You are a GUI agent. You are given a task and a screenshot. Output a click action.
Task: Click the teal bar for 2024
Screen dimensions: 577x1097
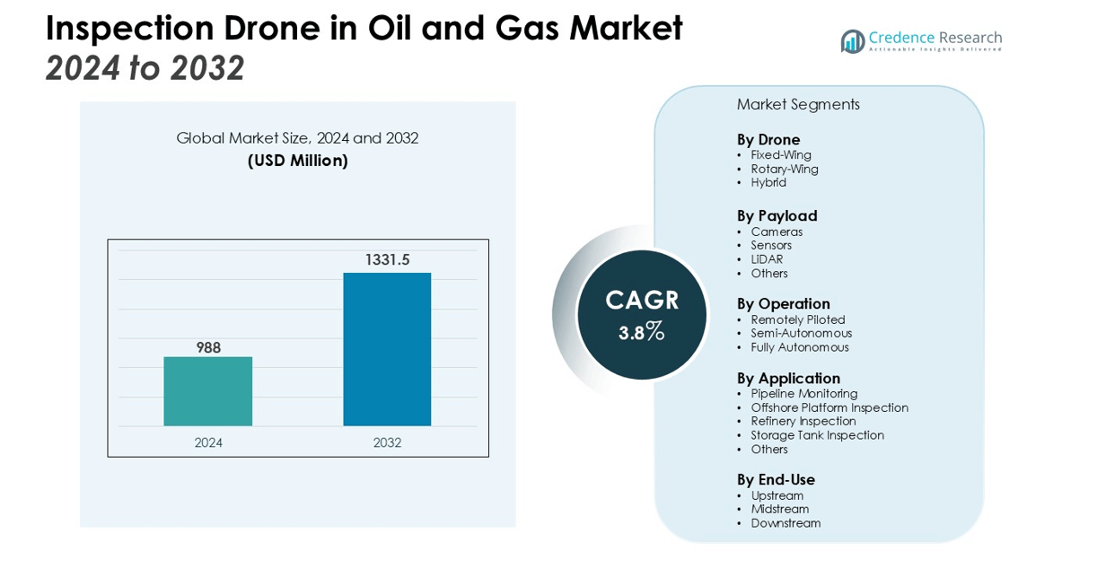click(x=207, y=391)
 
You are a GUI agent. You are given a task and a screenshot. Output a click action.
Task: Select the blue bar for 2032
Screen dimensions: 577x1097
click(x=387, y=349)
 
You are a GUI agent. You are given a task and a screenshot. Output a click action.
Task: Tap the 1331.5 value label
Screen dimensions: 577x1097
click(x=387, y=260)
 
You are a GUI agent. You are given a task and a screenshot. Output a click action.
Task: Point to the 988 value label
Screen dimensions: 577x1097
click(x=208, y=347)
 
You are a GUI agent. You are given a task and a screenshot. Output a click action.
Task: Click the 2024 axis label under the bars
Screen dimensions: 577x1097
click(x=208, y=442)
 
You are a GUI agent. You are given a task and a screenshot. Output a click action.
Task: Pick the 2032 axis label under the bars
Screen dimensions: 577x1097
click(x=387, y=442)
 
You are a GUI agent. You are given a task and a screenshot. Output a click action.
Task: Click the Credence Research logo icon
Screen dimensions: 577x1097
click(x=852, y=41)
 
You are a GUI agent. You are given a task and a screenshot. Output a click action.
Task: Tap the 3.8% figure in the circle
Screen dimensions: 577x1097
click(x=641, y=333)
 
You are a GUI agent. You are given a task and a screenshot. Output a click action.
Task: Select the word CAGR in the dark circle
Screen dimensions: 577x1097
click(x=642, y=300)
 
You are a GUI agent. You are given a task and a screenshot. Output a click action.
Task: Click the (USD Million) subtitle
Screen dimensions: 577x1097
click(x=297, y=161)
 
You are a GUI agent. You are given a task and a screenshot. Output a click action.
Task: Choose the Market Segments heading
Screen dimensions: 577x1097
click(x=798, y=104)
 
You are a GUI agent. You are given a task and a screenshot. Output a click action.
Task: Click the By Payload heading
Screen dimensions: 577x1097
click(x=777, y=215)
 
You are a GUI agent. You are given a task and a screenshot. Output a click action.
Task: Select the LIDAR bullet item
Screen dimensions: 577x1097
click(x=767, y=259)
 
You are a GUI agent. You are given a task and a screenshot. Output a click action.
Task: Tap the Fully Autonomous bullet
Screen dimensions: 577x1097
click(x=799, y=347)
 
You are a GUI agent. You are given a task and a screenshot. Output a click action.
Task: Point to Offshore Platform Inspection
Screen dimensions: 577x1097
click(x=829, y=407)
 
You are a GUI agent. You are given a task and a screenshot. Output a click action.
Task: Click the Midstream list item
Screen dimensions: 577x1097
click(x=779, y=509)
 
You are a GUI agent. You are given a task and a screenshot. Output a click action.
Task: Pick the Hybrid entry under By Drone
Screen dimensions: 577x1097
click(x=768, y=182)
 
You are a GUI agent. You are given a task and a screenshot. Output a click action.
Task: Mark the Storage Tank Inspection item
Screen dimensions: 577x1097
click(x=817, y=435)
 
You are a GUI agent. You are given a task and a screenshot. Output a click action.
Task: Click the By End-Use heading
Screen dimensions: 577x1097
click(x=776, y=479)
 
